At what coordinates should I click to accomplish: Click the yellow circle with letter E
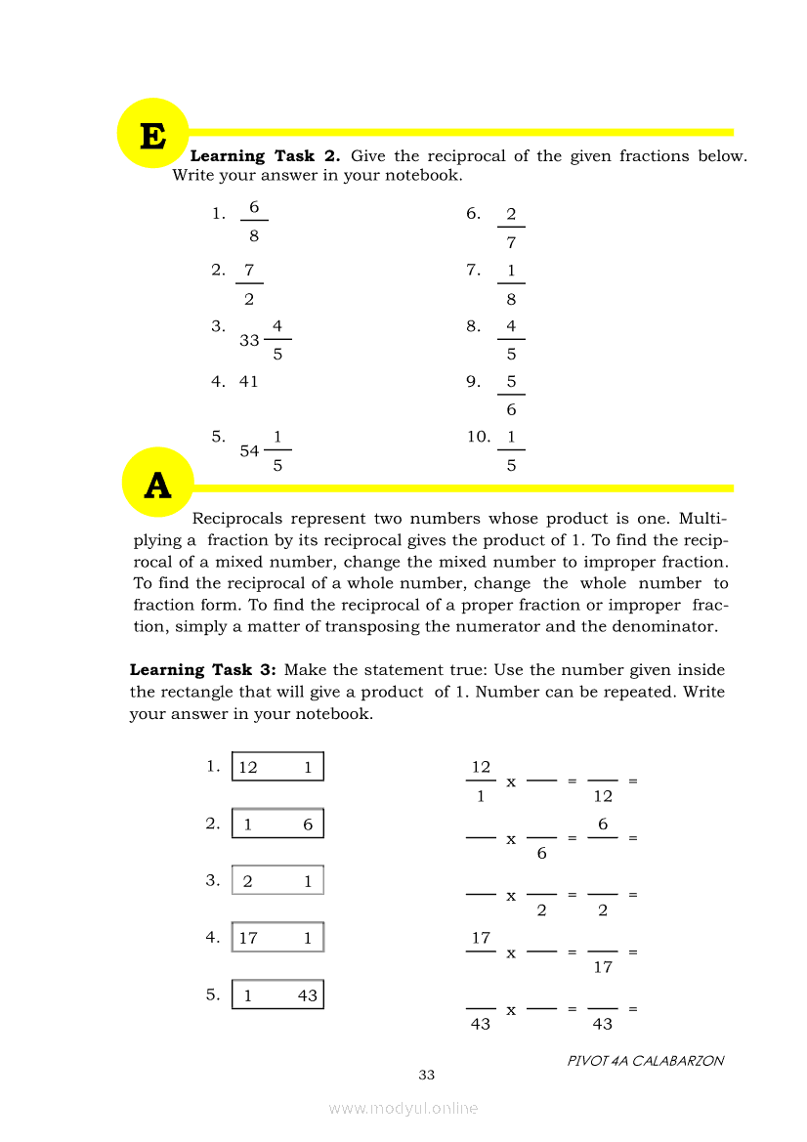click(x=151, y=134)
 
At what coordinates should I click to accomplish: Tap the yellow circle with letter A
click(x=157, y=484)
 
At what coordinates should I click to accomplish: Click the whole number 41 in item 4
click(x=249, y=382)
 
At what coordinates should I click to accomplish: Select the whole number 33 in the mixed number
click(x=249, y=341)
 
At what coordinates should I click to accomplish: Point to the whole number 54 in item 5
click(x=249, y=451)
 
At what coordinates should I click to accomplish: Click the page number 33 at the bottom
click(x=426, y=1075)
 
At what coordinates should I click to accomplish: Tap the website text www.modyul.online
click(x=403, y=1108)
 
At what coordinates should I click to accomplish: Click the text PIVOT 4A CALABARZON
click(x=646, y=1060)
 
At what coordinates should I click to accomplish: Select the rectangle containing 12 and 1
click(x=277, y=767)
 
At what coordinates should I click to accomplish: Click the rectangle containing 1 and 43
click(x=277, y=994)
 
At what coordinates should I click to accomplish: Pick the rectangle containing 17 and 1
click(x=277, y=938)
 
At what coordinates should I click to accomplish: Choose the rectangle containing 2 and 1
click(x=277, y=881)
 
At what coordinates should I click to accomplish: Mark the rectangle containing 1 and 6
click(x=277, y=825)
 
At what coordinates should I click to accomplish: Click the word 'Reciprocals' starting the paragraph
click(x=239, y=519)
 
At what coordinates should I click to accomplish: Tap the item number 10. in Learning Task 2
click(x=479, y=437)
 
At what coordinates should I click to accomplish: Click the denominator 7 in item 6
click(x=511, y=244)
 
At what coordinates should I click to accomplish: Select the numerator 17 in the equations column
click(x=481, y=938)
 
